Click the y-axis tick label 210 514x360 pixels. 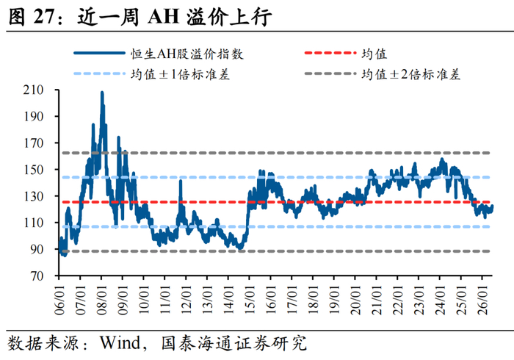click(34, 90)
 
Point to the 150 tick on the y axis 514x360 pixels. click(34, 170)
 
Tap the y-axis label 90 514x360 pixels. click(37, 249)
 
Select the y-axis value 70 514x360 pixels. click(37, 276)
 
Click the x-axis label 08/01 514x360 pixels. click(101, 300)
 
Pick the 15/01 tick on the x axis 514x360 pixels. click(250, 300)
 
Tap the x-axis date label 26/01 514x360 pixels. click(482, 300)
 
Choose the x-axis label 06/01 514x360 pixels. click(59, 300)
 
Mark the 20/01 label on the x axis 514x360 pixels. click(355, 300)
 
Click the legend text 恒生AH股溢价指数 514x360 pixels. click(187, 54)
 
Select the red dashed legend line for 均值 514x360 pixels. click(330, 53)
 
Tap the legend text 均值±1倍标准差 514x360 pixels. click(181, 74)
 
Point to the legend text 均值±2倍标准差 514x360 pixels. click(411, 74)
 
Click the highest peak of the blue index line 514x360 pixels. click(102, 93)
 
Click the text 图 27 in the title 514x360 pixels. click(30, 16)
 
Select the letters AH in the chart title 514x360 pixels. click(163, 16)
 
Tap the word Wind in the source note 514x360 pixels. click(120, 342)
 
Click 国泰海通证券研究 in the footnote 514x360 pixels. click(234, 343)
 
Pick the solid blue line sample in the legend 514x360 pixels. click(99, 53)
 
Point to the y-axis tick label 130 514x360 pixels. click(34, 196)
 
